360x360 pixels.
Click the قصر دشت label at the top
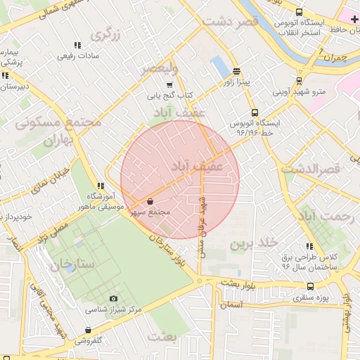231,22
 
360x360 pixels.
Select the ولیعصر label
161,68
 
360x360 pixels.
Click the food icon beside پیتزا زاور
236,71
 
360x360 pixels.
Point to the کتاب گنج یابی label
169,95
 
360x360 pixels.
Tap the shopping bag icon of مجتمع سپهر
150,201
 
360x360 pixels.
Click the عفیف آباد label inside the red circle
198,166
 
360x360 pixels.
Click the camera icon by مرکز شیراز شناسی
114,299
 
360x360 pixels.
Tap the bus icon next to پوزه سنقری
311,286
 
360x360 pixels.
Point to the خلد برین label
250,244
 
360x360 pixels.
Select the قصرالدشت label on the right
310,169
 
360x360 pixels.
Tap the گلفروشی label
88,340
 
